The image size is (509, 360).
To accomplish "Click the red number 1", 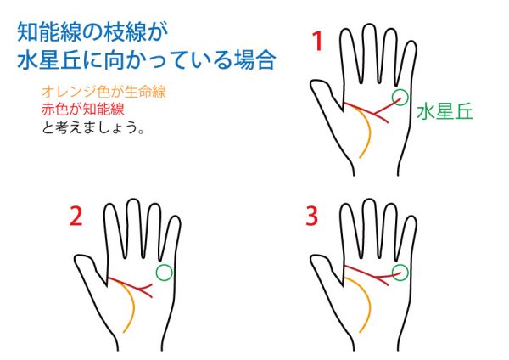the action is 318,41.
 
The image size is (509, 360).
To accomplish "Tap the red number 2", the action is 76,217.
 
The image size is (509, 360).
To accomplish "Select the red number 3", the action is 312,216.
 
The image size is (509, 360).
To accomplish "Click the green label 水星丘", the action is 445,112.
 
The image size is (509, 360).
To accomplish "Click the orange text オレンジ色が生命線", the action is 103,92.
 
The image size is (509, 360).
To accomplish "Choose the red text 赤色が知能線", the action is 83,110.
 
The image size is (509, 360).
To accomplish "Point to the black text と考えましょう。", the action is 92,127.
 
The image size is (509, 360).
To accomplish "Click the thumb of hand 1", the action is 323,93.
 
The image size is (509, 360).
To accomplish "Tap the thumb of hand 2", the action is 87,268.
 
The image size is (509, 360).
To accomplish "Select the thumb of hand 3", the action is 323,267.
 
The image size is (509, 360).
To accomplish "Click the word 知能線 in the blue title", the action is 49,32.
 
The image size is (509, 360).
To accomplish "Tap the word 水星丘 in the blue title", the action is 49,59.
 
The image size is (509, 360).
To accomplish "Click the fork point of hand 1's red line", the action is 374,114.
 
